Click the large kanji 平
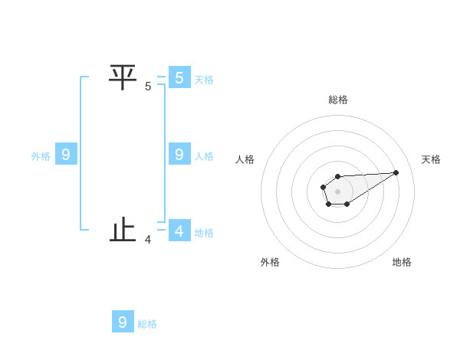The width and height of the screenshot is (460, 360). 123,77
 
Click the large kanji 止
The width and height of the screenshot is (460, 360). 123,230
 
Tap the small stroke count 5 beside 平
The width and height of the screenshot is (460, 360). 148,87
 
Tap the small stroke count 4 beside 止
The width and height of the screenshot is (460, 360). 148,240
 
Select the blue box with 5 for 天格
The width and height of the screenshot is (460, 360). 179,77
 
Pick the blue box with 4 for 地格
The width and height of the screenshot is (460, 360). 179,230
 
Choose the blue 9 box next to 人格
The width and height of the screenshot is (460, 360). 179,154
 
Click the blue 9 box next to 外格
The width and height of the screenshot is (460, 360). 66,155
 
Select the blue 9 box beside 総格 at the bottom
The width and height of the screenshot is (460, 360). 123,322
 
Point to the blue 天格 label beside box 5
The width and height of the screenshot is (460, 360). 204,79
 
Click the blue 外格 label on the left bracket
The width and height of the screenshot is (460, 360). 41,156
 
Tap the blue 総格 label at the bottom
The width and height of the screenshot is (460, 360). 147,324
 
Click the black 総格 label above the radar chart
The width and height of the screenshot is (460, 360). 338,100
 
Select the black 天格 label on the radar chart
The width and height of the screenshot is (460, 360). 431,159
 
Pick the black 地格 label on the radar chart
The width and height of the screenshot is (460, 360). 402,262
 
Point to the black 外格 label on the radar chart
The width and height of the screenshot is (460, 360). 270,262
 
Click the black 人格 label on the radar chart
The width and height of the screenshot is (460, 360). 245,159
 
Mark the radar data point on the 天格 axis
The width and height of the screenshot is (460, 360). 396,172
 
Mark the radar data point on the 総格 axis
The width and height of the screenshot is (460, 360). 337,177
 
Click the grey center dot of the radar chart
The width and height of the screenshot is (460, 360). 337,191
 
